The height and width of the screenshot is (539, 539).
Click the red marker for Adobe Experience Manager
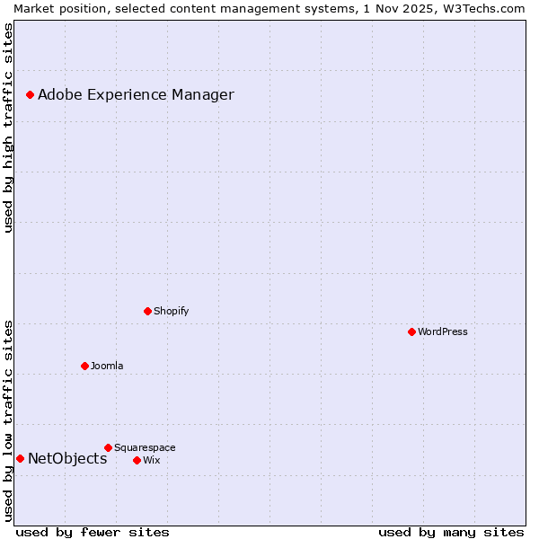30,94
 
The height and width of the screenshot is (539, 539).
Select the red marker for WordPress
411,331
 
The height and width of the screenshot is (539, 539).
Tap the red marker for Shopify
147,311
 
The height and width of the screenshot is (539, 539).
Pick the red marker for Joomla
84,366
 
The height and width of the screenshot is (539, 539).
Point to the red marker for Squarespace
108,447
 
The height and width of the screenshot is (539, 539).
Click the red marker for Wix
137,460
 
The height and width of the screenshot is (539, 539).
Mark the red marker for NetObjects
20,458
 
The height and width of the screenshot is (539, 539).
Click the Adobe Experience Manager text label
136,94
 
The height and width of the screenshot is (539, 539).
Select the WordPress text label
443,331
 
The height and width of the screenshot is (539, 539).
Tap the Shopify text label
171,311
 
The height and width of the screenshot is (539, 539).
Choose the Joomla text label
107,366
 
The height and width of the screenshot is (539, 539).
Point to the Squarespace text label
145,447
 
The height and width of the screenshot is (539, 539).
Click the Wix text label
152,460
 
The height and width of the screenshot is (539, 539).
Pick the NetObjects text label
67,458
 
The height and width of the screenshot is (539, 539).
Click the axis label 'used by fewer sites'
93,532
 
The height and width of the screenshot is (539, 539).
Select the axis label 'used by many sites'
451,532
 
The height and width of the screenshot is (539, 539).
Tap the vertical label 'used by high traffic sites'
8,128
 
